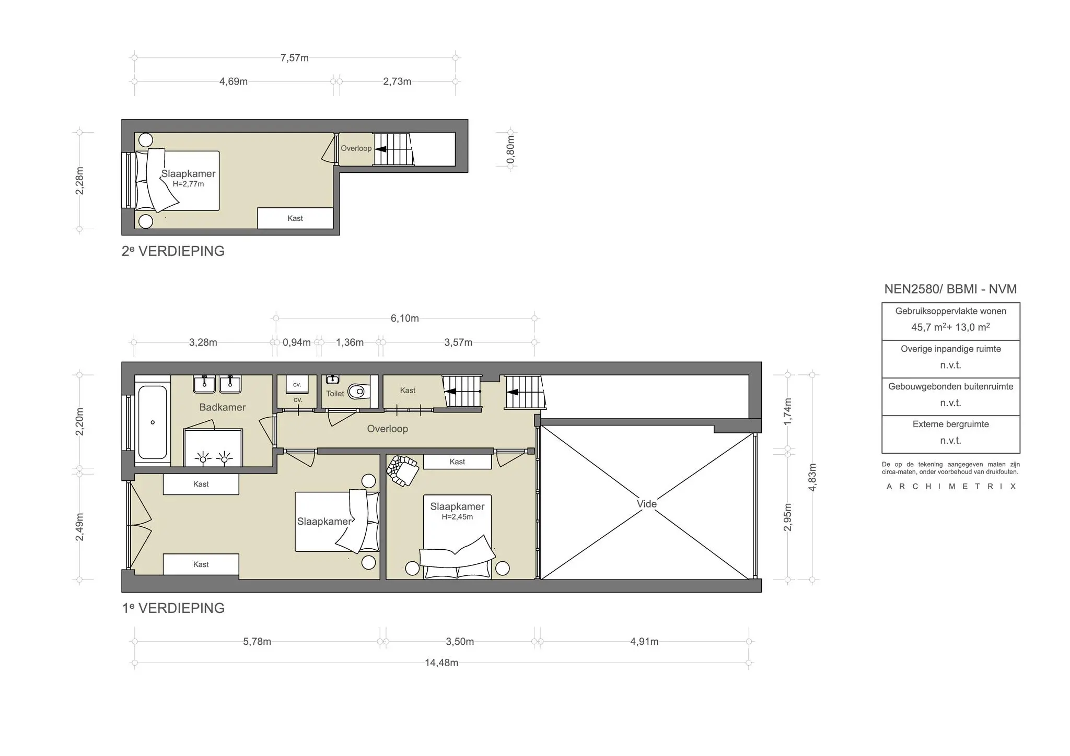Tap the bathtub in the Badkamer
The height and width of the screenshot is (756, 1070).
point(153,422)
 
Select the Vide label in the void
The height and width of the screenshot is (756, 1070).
point(647,504)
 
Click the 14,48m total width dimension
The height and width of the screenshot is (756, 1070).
point(441,663)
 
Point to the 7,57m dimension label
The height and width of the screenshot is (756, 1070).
point(295,58)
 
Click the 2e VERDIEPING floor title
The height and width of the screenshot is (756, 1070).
point(173,251)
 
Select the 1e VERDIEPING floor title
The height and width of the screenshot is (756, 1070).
point(173,608)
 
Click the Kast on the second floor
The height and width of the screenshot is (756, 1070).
point(295,218)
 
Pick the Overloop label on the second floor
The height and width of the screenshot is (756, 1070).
point(356,148)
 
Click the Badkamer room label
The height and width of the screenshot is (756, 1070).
point(223,407)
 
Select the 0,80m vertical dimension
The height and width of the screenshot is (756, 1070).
point(511,150)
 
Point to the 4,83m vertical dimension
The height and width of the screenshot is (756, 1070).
point(812,477)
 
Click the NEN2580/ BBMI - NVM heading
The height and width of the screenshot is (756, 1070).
point(950,289)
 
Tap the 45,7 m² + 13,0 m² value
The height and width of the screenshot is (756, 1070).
point(950,327)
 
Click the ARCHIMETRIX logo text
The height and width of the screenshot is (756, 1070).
point(951,487)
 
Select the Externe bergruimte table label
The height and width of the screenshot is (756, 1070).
point(950,424)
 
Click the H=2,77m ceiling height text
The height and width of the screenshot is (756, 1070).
point(189,184)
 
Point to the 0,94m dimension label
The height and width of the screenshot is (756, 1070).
point(297,342)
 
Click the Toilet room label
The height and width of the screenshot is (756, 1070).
point(335,394)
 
